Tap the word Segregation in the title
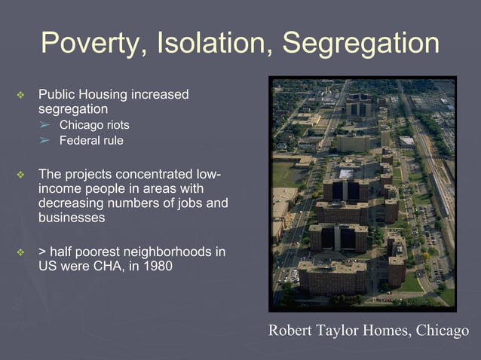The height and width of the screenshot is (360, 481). click(x=360, y=43)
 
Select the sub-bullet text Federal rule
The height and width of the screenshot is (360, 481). click(x=91, y=140)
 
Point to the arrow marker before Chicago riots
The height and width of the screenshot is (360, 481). click(x=44, y=125)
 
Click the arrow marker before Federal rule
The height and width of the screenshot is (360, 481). click(x=44, y=140)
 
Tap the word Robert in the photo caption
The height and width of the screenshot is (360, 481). click(x=291, y=331)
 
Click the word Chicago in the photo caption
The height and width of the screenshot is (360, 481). click(x=441, y=331)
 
